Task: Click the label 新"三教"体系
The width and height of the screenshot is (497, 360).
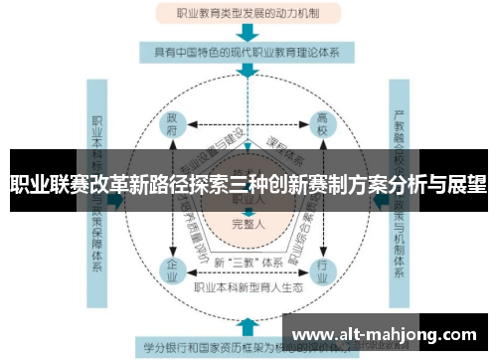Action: click(246, 263)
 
